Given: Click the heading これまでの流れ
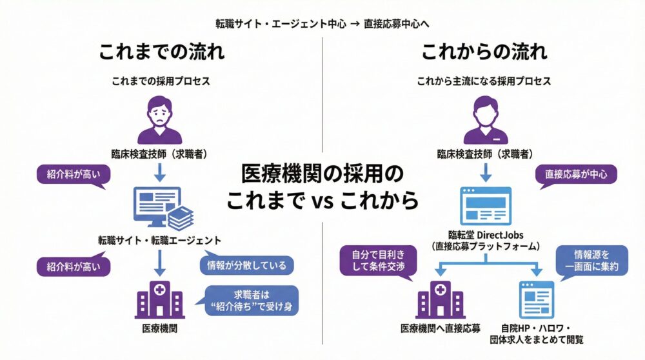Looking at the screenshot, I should coord(161,51).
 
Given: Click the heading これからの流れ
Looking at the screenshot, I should coord(484,51).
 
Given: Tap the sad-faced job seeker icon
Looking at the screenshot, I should coord(159,119).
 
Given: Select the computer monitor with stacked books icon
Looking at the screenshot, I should coord(161,208).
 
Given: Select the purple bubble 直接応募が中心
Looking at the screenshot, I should coord(576,174).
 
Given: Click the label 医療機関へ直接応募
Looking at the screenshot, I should coord(441,328).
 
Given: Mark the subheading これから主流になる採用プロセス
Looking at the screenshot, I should coord(484,82).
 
